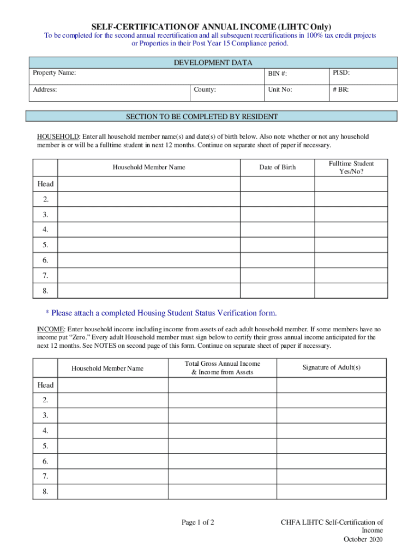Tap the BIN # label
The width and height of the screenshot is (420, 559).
(x=278, y=74)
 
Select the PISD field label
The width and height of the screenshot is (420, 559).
(x=341, y=72)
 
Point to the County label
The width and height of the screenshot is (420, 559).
(x=205, y=89)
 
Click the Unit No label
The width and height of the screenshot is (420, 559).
(x=280, y=89)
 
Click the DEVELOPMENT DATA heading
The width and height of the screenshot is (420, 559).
(x=213, y=63)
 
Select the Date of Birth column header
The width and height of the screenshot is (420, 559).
(x=277, y=167)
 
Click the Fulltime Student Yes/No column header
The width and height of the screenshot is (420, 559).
(x=351, y=167)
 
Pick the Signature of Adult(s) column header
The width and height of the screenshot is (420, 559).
(x=331, y=367)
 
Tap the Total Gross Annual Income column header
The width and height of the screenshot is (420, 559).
(x=222, y=367)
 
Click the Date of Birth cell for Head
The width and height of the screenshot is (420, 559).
(x=278, y=184)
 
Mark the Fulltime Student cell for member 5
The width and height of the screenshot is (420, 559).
(x=351, y=245)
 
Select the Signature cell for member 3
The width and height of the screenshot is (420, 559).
(x=331, y=415)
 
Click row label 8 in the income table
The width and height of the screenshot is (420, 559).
(x=45, y=491)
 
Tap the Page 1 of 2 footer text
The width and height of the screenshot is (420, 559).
(x=198, y=522)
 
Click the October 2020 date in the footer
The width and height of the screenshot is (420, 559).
(x=363, y=539)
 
